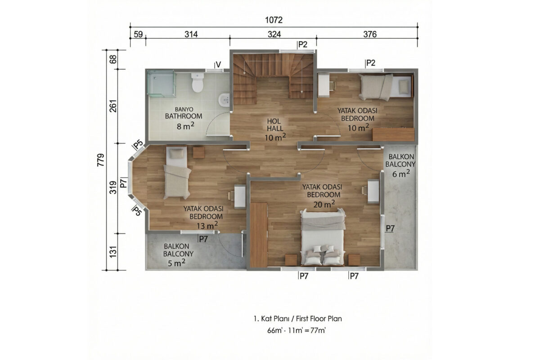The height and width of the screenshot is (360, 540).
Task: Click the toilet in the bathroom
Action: [x=198, y=82]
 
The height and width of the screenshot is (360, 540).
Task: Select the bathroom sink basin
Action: [x=224, y=99]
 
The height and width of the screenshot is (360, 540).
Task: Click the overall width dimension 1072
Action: [x=274, y=20]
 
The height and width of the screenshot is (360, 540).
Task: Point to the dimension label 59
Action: [x=138, y=34]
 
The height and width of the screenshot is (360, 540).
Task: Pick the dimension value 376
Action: [x=370, y=34]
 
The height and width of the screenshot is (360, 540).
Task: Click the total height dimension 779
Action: [x=101, y=160]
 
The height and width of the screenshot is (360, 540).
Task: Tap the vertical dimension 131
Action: [x=113, y=252]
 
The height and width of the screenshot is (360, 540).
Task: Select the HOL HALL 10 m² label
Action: [x=275, y=129]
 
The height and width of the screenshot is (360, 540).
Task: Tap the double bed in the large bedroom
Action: [x=323, y=237]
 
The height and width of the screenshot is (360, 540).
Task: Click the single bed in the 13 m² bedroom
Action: [x=177, y=173]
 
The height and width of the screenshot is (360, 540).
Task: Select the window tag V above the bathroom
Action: [x=218, y=64]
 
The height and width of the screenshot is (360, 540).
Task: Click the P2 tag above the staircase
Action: [x=303, y=45]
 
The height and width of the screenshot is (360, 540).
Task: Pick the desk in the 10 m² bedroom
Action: [x=324, y=85]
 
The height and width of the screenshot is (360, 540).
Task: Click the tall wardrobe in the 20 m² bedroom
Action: [x=259, y=235]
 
